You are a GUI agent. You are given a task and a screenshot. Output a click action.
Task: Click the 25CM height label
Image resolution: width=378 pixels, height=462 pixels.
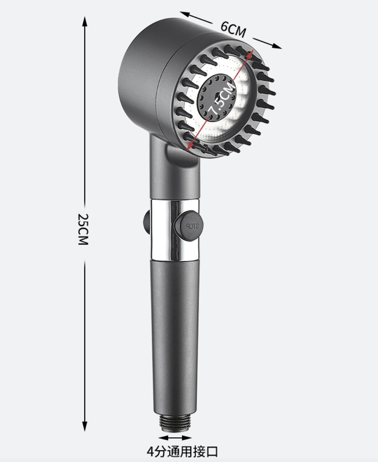click(x=83, y=229)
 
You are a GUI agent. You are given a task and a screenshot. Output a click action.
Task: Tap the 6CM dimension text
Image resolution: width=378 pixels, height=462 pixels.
click(x=233, y=29)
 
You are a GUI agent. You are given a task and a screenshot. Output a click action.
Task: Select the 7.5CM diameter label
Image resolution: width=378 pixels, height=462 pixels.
click(x=222, y=98)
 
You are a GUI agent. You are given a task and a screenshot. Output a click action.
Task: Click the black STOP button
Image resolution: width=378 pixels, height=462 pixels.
click(x=188, y=226)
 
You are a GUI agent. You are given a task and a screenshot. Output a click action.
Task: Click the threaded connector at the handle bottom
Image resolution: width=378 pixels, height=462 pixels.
click(x=175, y=422)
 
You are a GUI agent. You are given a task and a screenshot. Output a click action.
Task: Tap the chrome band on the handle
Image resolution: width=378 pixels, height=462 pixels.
click(x=175, y=230)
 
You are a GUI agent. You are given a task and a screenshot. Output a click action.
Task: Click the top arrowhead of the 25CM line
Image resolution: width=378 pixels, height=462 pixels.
click(x=85, y=21)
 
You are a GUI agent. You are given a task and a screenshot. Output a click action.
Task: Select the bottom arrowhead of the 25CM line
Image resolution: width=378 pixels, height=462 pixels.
click(x=85, y=426)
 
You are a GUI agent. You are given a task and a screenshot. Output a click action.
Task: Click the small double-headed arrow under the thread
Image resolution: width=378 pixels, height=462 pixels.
click(x=175, y=438)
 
